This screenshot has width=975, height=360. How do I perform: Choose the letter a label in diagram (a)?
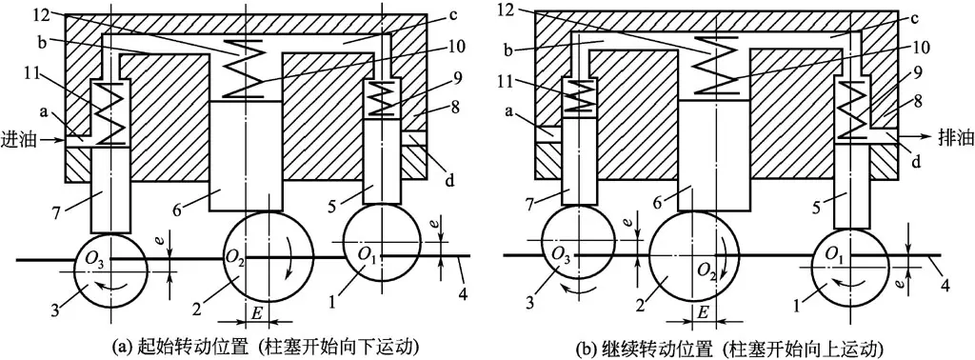pos(41,112)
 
